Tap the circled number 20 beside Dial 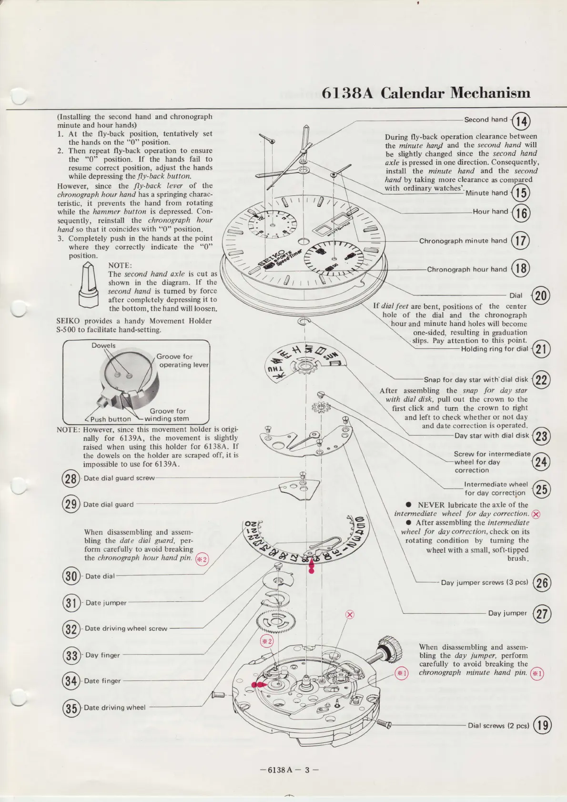pos(541,296)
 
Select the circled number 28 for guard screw pos(71,478)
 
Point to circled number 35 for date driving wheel pos(71,708)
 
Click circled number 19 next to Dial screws pos(542,726)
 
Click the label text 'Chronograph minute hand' pos(463,241)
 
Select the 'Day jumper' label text pos(507,613)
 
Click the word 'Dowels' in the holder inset pos(103,345)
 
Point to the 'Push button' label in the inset pos(110,419)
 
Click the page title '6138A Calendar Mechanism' pos(426,92)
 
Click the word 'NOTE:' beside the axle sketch pos(120,265)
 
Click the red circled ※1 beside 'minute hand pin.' pos(537,674)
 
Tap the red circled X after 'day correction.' pos(536,514)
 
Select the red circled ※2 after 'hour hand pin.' pos(202,559)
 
